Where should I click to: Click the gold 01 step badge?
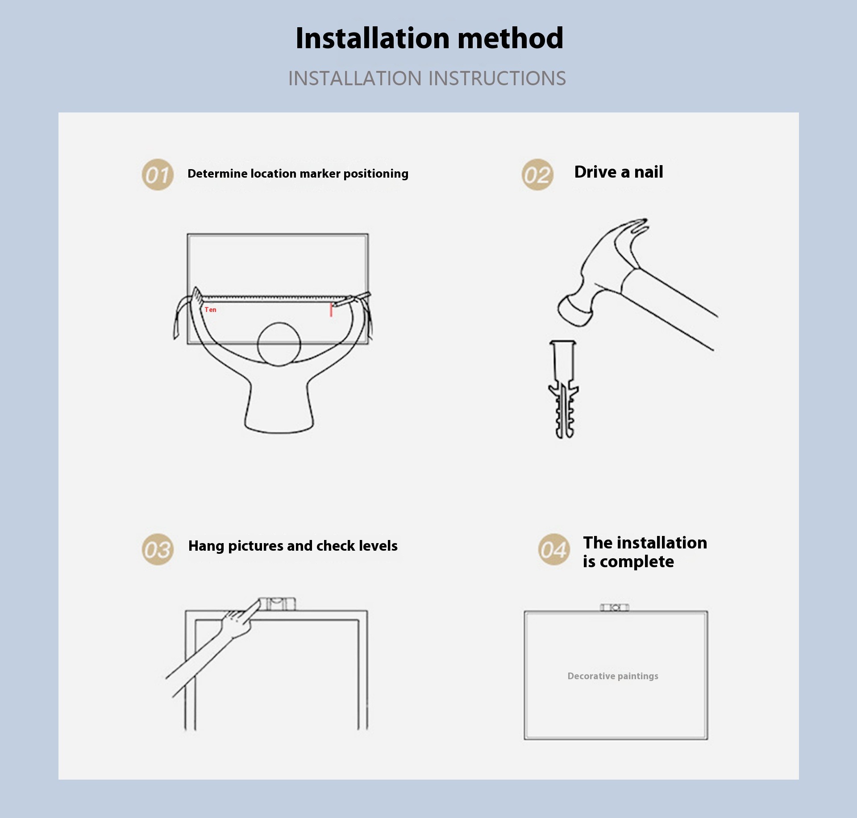(x=158, y=174)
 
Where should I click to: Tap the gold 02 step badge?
(x=537, y=174)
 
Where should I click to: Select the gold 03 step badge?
(x=158, y=549)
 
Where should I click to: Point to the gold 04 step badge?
(x=554, y=549)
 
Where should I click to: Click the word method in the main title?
(x=511, y=38)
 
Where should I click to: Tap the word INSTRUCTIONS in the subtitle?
(x=497, y=79)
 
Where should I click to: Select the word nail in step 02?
(x=649, y=172)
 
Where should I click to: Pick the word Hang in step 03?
(x=206, y=546)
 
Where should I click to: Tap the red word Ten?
(x=210, y=310)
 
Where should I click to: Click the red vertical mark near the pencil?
(x=331, y=310)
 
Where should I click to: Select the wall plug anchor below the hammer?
(x=563, y=390)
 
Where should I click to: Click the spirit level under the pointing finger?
(x=278, y=604)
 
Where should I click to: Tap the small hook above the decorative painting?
(x=615, y=607)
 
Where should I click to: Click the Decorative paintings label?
(x=613, y=676)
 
